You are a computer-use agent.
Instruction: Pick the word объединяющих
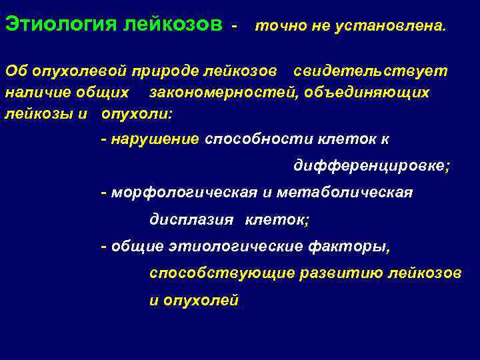coord(375,92)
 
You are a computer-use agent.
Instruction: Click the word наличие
coord(34,92)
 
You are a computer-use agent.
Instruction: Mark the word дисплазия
coord(191,220)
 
